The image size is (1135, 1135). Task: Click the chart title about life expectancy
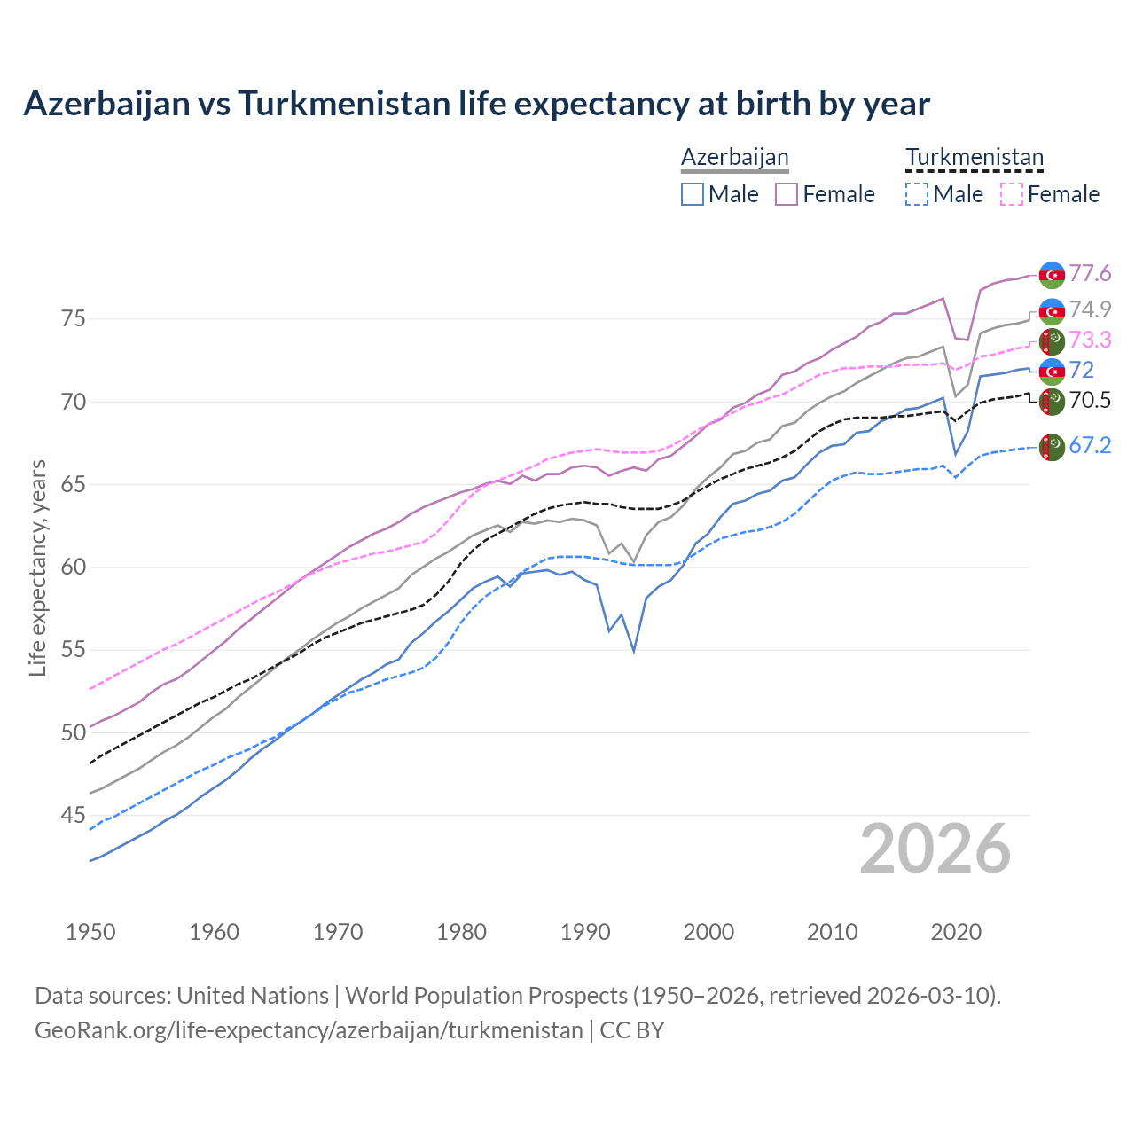(x=476, y=104)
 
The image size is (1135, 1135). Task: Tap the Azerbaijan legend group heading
(x=734, y=158)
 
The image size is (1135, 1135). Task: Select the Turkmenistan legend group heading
(x=974, y=158)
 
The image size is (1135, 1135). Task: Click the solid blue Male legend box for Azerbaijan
(x=693, y=194)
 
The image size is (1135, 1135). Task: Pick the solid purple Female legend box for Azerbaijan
(x=787, y=194)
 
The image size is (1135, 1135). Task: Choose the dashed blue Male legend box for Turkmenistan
(x=917, y=194)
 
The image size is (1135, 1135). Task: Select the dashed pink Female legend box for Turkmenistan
(x=1011, y=194)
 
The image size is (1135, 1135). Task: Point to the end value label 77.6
(x=1090, y=274)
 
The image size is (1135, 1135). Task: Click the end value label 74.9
(x=1090, y=309)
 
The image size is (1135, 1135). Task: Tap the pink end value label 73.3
(x=1090, y=340)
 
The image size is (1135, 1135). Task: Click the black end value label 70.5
(x=1090, y=400)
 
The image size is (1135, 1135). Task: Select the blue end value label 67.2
(x=1090, y=445)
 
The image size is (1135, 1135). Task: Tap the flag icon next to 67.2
(x=1052, y=447)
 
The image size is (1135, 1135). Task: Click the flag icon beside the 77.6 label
(x=1052, y=275)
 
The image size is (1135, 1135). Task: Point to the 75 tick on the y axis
(x=74, y=318)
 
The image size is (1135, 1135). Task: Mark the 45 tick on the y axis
(x=74, y=815)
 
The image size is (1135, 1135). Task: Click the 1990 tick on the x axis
(x=585, y=932)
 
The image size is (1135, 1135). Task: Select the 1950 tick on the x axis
(x=90, y=932)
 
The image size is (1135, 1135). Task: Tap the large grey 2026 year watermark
(x=935, y=849)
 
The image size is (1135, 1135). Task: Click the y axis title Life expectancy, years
(x=38, y=567)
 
